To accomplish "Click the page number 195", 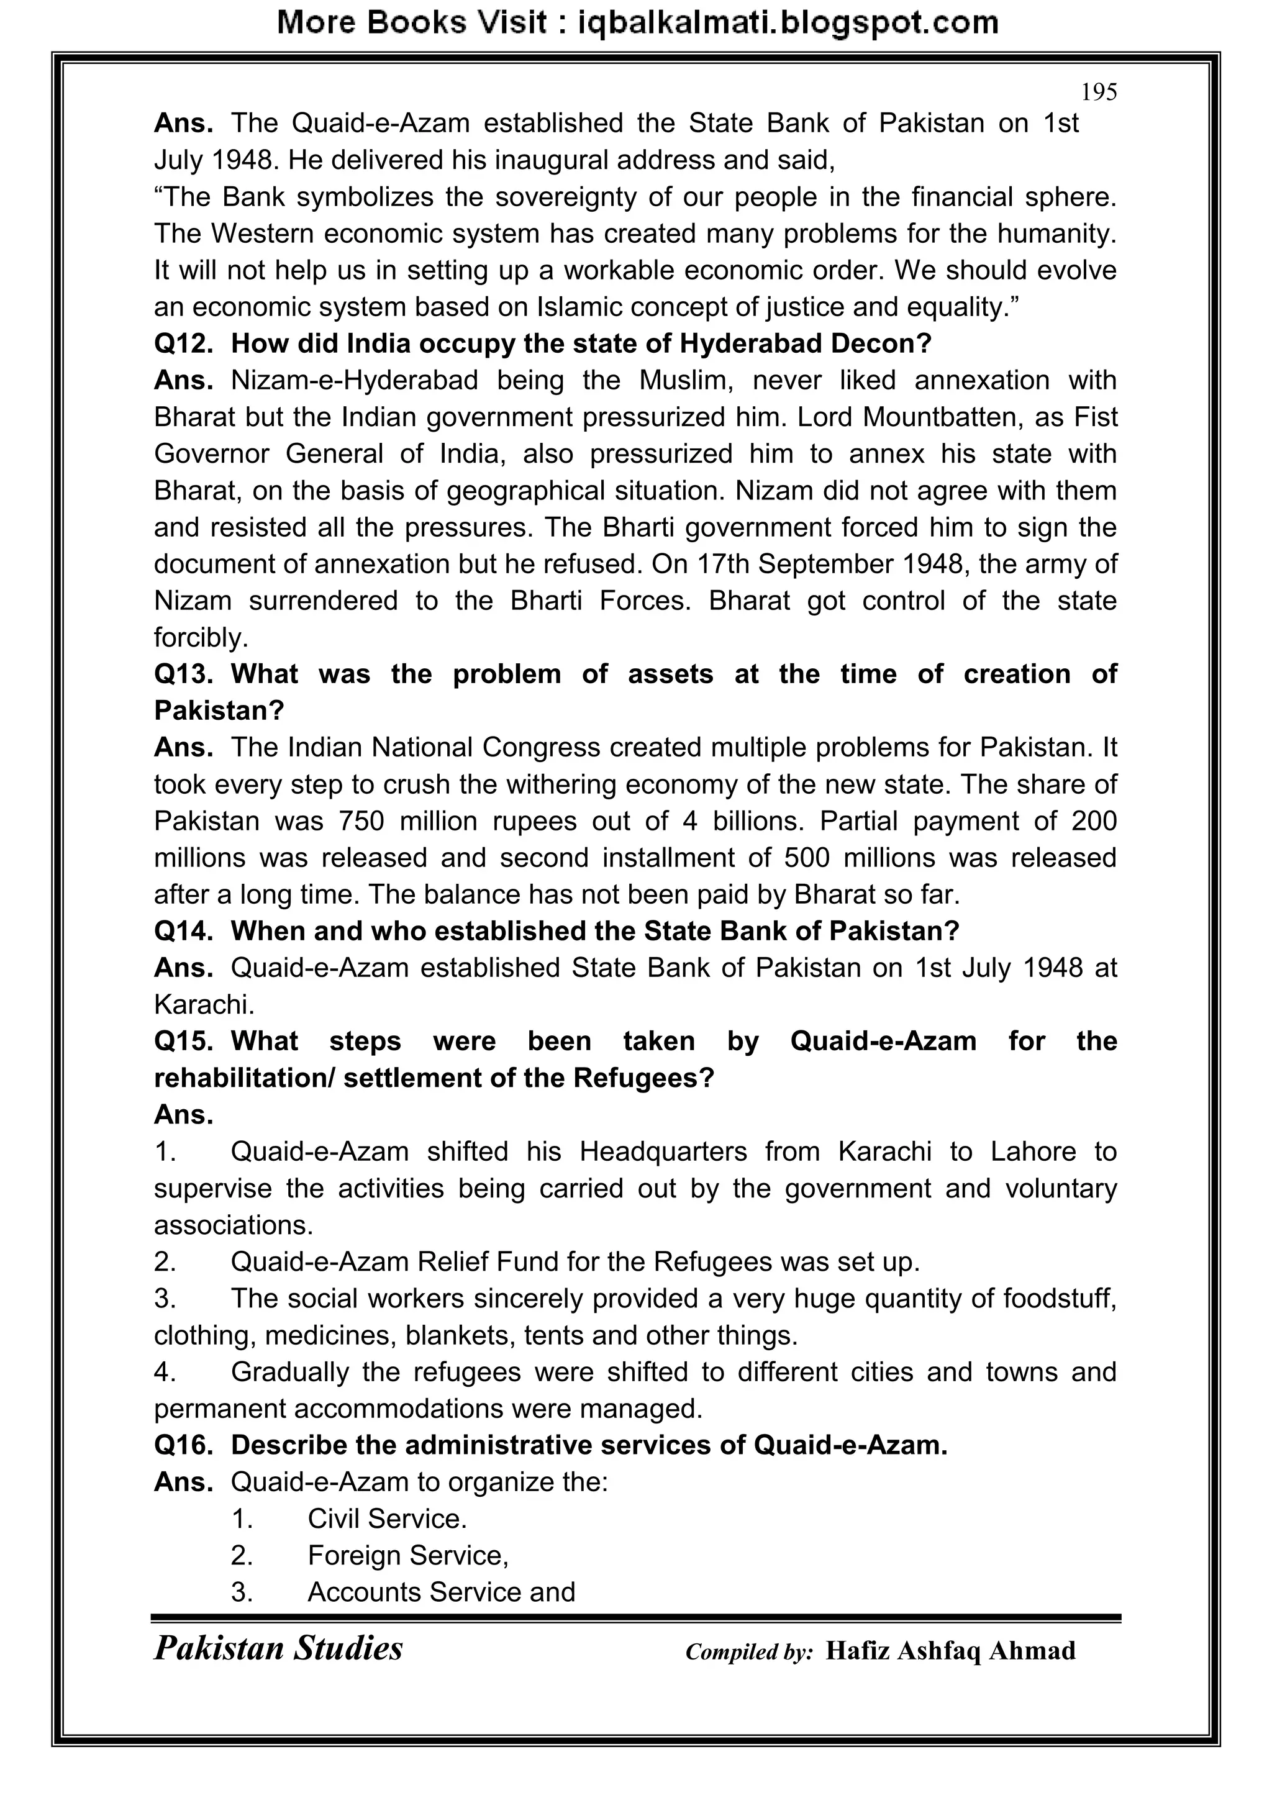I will (x=1098, y=93).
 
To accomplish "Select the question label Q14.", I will (x=183, y=931).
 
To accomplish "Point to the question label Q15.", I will (x=183, y=1042).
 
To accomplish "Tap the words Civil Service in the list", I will (x=386, y=1519).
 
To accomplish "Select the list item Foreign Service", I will (x=407, y=1556).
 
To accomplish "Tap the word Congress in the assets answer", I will (x=541, y=748).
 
